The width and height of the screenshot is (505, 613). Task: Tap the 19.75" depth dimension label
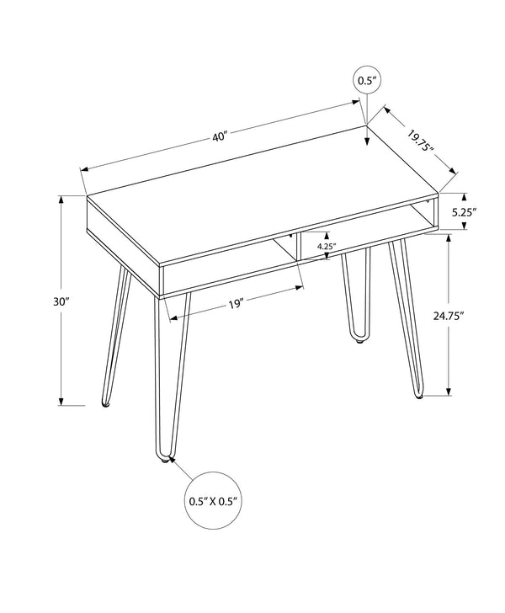click(420, 141)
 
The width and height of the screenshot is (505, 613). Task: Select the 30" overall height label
click(47, 301)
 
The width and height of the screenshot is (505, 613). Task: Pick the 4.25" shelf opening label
click(327, 247)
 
